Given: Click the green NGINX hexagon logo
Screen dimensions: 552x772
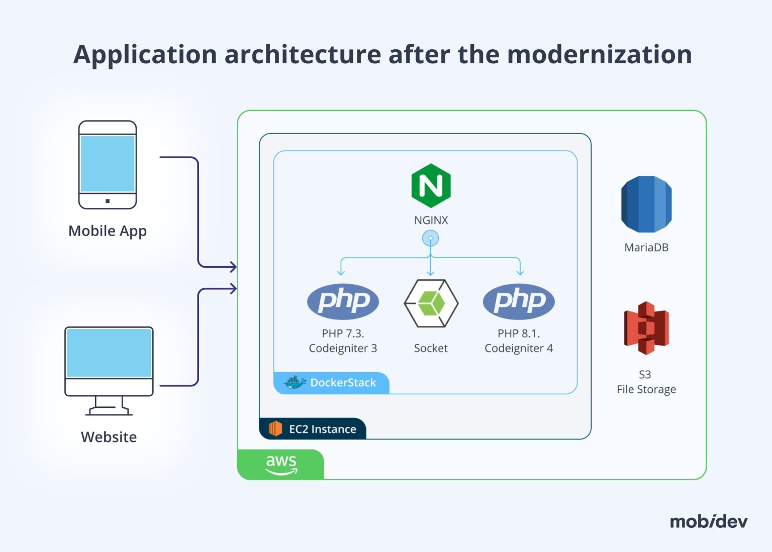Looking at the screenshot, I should [x=431, y=185].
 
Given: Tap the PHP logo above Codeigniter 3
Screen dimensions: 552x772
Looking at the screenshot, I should [x=343, y=301].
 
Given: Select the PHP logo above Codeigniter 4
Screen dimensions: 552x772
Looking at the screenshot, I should [x=519, y=301].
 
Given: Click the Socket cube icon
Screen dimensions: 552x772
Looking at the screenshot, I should [x=431, y=303].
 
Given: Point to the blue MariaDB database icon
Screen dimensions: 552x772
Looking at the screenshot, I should [x=646, y=204].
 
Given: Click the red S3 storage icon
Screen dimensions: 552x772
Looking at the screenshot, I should [x=646, y=328].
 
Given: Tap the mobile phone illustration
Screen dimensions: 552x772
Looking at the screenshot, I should [x=108, y=164].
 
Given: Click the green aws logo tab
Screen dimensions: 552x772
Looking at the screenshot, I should [x=281, y=465].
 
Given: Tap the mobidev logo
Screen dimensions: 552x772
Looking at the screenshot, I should [x=708, y=521].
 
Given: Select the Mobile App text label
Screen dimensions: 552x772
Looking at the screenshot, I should [x=108, y=231].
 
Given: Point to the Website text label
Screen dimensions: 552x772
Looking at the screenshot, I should [x=109, y=437].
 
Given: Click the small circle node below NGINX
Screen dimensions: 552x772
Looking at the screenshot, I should [x=430, y=238].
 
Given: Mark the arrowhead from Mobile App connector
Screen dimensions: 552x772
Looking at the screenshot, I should [x=233, y=267].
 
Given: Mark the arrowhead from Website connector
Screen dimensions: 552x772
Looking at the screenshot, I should [x=233, y=288].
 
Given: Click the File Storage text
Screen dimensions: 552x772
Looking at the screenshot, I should [x=646, y=389].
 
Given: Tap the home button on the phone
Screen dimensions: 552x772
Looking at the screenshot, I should [x=108, y=201].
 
